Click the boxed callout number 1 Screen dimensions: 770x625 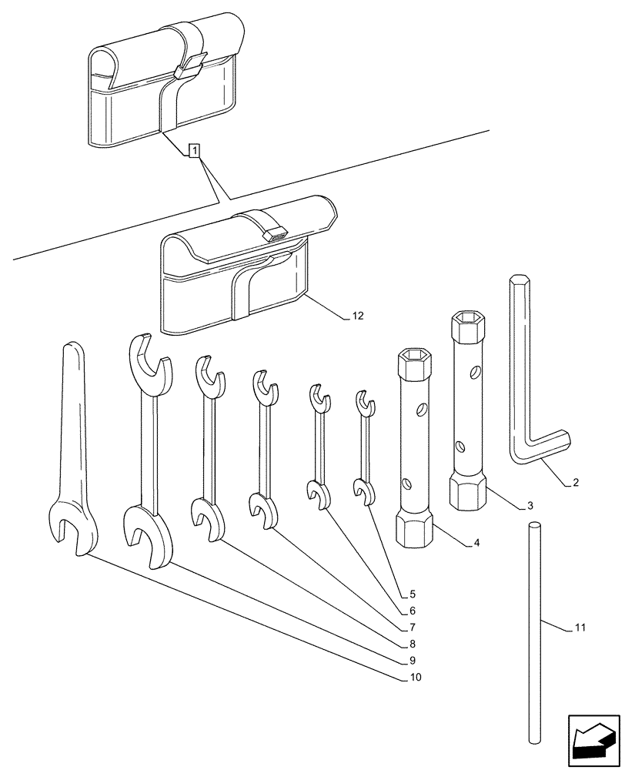pos(195,150)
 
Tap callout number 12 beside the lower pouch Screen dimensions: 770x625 pos(358,316)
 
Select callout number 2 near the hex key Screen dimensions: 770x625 pos(576,484)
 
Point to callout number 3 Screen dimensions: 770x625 pos(530,506)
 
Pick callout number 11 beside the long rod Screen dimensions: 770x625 pos(580,628)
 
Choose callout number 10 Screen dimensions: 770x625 pos(416,678)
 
